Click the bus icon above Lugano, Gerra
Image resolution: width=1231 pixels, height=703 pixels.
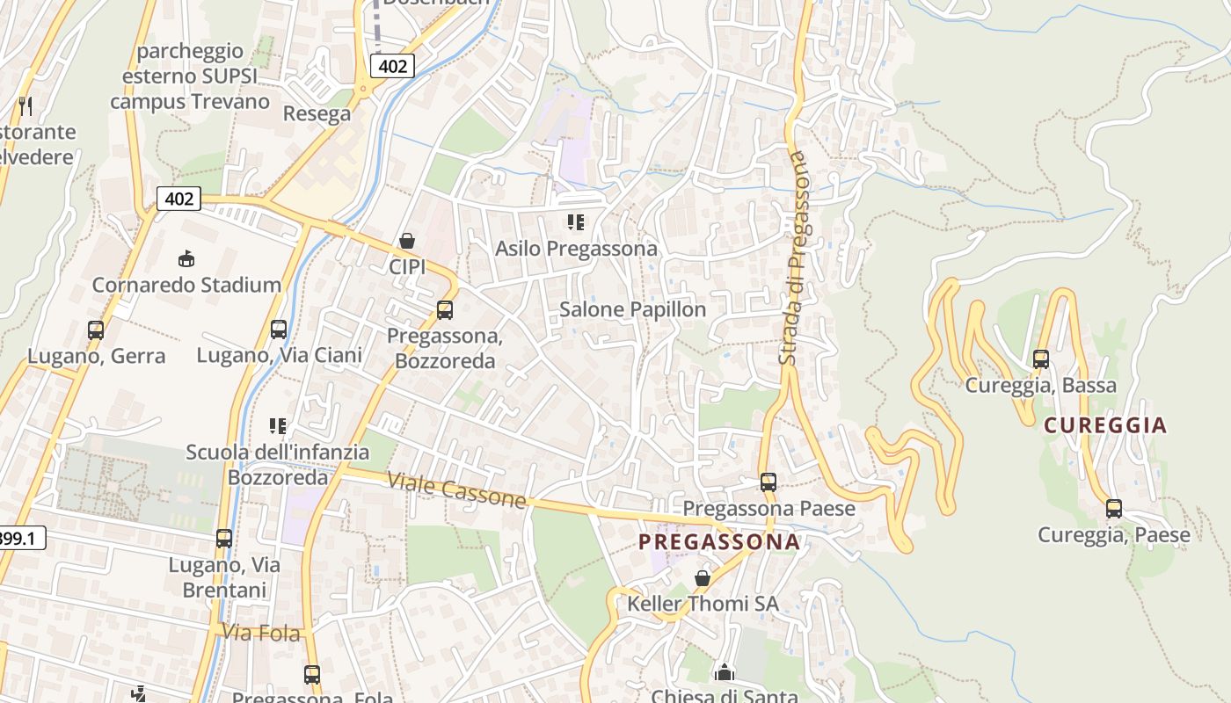click(96, 330)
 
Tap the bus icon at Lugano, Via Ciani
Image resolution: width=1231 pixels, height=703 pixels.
click(279, 330)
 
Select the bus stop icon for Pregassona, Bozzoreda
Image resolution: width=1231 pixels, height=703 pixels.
click(445, 310)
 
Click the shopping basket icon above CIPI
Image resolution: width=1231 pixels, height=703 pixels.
click(407, 240)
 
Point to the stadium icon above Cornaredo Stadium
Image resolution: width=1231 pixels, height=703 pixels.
click(186, 258)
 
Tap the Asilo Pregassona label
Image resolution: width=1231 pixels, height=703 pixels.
click(576, 249)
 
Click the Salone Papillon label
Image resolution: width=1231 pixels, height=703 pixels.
click(632, 309)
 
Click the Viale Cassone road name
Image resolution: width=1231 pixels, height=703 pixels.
click(456, 490)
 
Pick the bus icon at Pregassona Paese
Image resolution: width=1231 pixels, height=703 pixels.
click(768, 482)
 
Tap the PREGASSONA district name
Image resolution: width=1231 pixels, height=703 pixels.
click(719, 542)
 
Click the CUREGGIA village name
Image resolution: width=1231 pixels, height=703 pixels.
click(1105, 425)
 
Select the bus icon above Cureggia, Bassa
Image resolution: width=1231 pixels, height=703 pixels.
click(1041, 359)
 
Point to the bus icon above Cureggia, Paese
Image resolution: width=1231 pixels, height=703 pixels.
click(1114, 508)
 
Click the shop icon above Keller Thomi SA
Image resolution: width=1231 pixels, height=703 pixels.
click(702, 577)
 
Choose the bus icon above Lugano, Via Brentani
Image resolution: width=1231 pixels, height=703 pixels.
click(224, 538)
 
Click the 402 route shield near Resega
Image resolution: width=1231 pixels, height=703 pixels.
click(391, 66)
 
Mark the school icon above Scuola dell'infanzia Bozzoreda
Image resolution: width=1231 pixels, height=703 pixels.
click(278, 426)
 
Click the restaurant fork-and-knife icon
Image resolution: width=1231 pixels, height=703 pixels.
click(25, 106)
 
